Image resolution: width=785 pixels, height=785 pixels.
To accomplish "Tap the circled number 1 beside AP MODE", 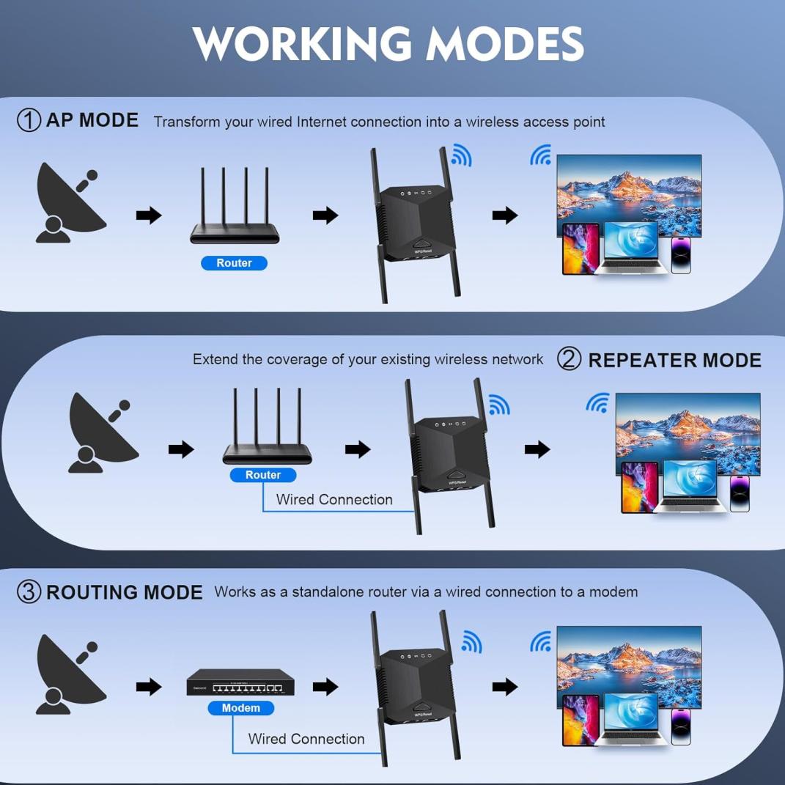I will (29, 120).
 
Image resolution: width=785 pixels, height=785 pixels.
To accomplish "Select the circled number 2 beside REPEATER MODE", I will (570, 359).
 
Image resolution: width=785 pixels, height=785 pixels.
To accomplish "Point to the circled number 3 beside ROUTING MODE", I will (29, 591).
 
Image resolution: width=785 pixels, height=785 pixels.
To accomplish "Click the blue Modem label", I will (240, 708).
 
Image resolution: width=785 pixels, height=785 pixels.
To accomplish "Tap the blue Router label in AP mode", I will (234, 263).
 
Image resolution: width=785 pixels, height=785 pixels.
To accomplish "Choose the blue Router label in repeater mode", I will (263, 475).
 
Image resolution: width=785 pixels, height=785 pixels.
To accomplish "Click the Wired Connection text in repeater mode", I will (334, 500).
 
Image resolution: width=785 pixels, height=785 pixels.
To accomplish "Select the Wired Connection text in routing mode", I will (306, 739).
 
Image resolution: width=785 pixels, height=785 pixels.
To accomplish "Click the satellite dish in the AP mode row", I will (70, 202).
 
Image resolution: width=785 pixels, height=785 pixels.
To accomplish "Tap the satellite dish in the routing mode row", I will (70, 674).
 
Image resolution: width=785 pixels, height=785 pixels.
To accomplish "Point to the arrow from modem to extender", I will (325, 687).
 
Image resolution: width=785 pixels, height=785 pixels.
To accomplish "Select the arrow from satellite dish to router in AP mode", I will (149, 215).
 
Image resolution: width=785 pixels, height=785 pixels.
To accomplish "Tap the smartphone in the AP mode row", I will (681, 254).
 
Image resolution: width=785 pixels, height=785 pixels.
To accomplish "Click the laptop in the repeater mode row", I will (690, 487).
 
